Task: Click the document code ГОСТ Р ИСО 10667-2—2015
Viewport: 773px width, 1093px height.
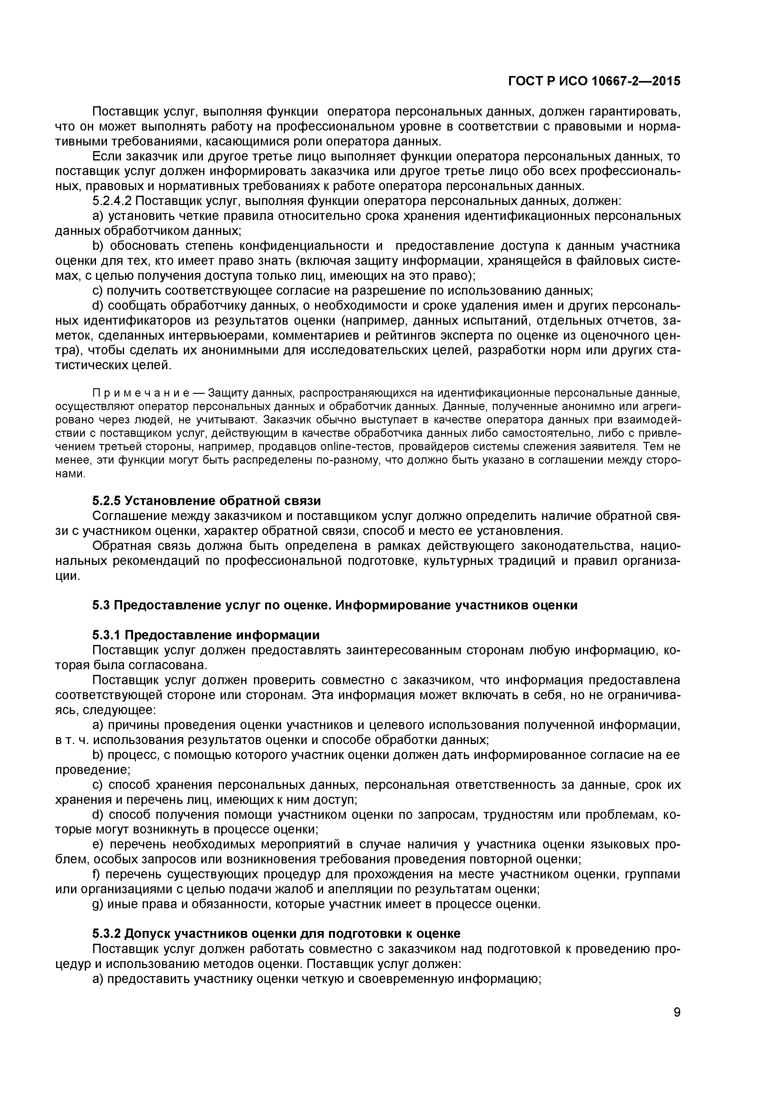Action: [594, 81]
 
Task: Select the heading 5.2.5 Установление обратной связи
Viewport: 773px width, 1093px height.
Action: [206, 501]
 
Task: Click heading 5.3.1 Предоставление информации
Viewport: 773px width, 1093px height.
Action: [206, 635]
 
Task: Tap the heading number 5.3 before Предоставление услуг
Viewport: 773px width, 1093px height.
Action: [101, 605]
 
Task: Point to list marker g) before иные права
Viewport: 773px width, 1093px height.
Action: [98, 904]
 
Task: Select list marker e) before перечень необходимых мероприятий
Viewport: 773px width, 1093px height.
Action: [98, 844]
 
